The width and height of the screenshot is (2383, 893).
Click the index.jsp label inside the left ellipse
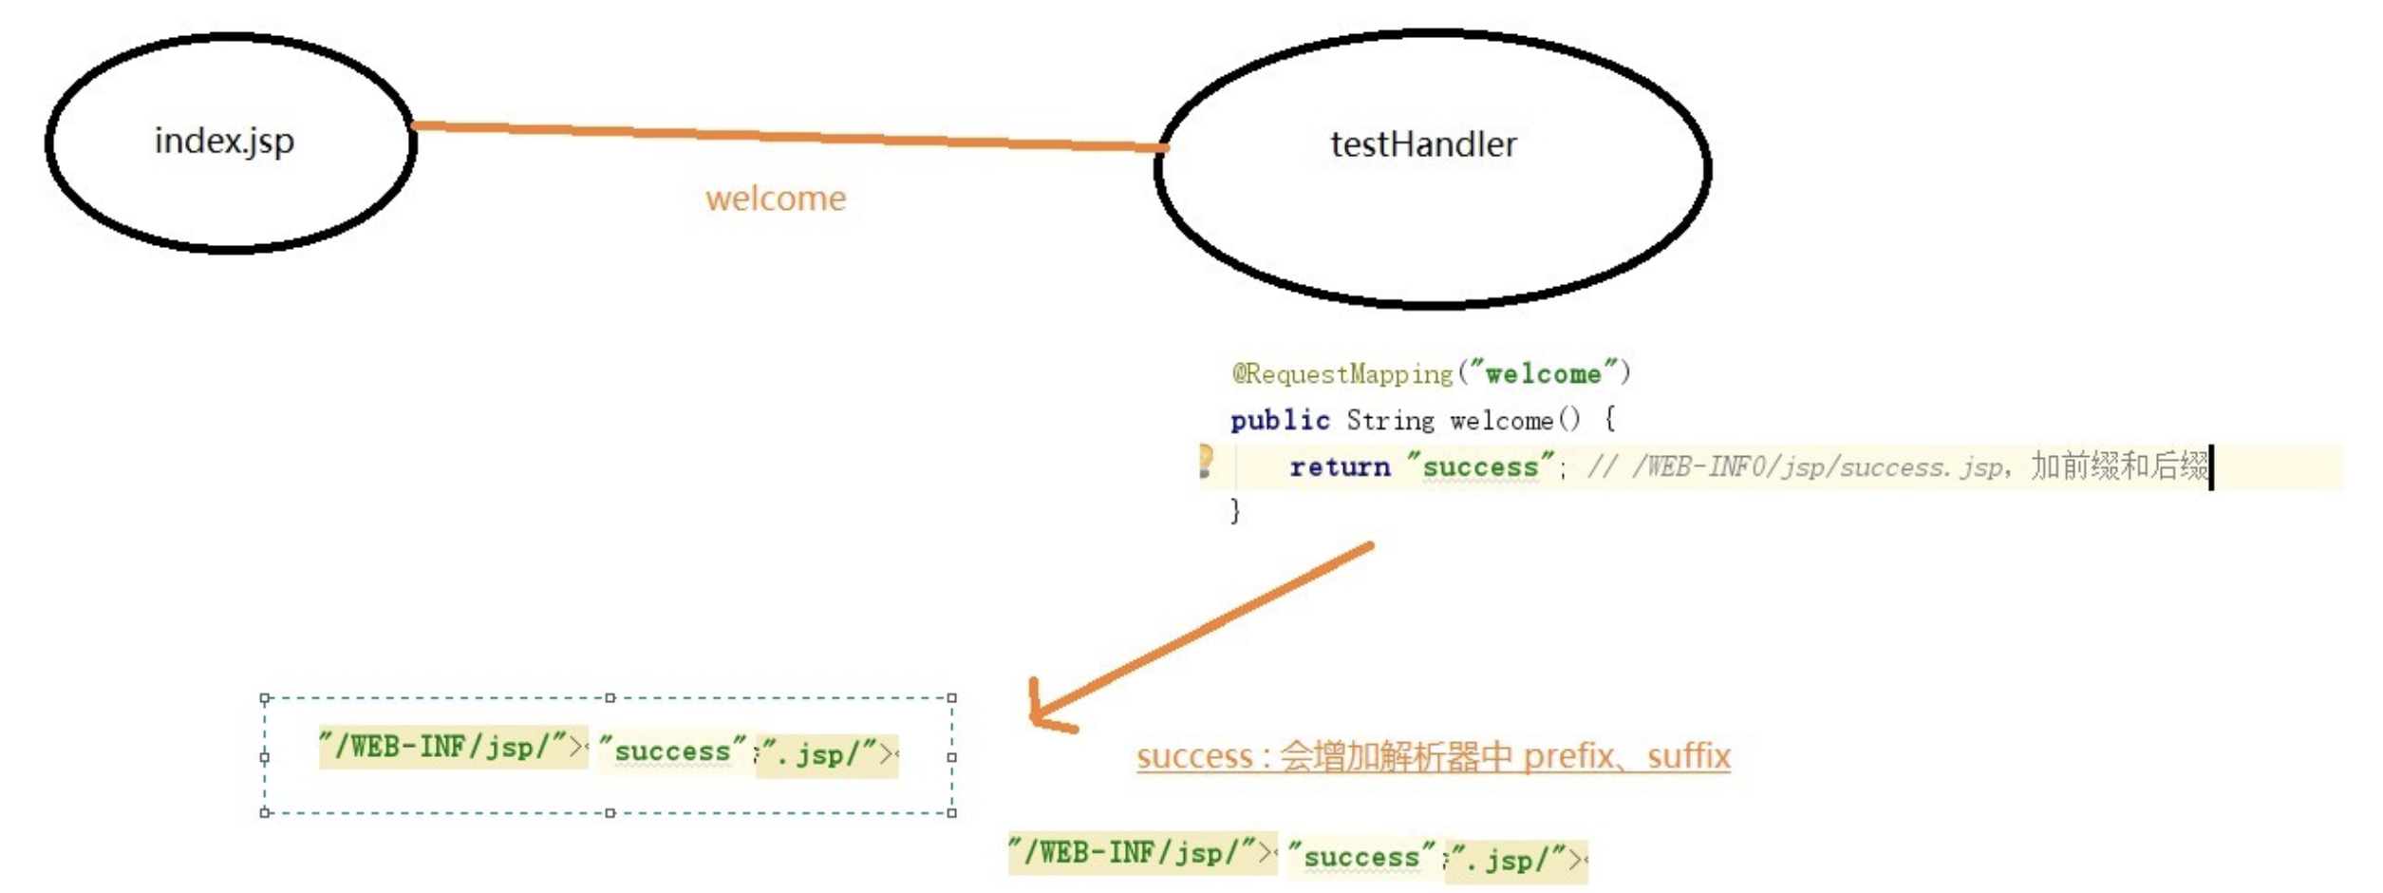point(224,142)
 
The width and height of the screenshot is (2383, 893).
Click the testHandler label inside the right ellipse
point(1423,144)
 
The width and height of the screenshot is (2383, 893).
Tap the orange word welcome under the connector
point(775,199)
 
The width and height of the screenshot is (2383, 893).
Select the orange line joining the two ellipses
point(788,136)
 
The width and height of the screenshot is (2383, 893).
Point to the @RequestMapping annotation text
point(1342,374)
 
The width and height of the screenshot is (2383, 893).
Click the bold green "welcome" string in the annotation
point(1544,374)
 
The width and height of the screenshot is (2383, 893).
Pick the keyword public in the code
point(1280,420)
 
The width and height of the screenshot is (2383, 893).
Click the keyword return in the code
point(1339,467)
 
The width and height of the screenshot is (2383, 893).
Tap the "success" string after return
point(1480,467)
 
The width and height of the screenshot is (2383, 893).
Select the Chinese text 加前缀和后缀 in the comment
point(2119,466)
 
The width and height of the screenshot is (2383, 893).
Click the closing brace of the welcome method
point(1235,511)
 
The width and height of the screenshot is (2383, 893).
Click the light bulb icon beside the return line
point(1206,461)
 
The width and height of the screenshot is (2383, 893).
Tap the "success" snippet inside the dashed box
point(672,751)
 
